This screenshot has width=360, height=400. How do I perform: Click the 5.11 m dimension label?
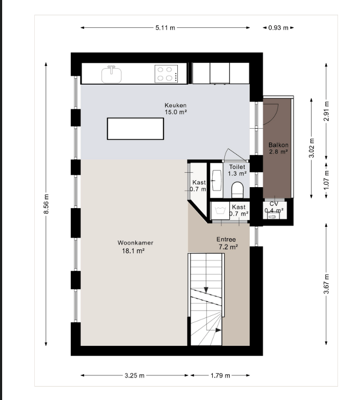pos(165,27)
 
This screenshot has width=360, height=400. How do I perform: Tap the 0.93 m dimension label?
pos(278,27)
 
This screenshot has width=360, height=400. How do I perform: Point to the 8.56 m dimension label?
pos(46,204)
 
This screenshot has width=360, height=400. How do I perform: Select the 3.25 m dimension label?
pos(134,375)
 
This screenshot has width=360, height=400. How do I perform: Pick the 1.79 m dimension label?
pos(220,375)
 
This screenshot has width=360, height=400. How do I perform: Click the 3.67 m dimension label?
pos(326,284)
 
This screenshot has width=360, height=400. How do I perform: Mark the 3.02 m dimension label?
pos(312,148)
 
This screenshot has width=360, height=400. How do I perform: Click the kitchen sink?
pos(111,74)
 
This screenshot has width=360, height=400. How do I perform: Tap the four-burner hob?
pos(166,73)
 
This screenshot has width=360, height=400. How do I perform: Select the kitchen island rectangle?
pos(136,129)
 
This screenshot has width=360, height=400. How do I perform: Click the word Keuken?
pos(175,105)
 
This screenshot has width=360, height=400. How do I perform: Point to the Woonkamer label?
pos(136,242)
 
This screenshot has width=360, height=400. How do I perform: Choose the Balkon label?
pos(279,145)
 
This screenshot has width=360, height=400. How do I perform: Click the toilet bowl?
pos(238,190)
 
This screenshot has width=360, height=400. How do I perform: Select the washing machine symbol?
pos(220,211)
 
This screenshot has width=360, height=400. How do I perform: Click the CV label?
pos(274,204)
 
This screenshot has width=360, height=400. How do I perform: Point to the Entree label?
pos(226,239)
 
